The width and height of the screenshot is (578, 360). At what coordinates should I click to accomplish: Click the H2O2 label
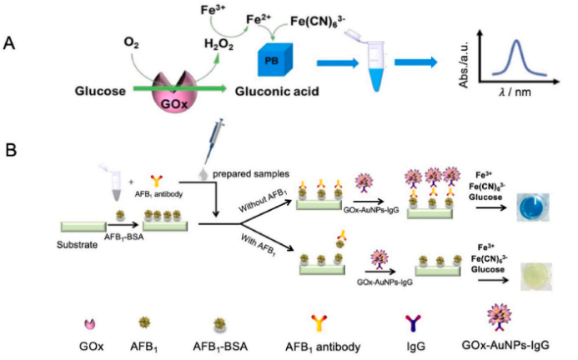coord(219,42)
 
